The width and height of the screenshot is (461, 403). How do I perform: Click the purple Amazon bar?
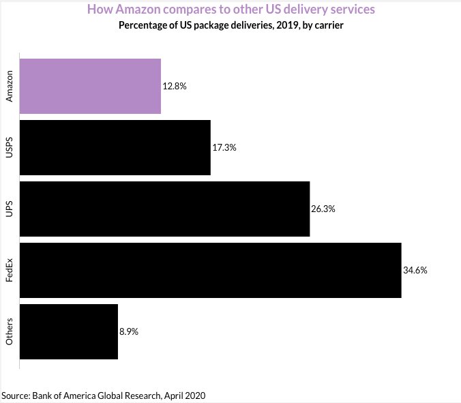pyautogui.click(x=90, y=86)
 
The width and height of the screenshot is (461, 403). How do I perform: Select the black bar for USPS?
pyautogui.click(x=115, y=147)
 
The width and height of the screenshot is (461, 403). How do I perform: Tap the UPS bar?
pyautogui.click(x=164, y=209)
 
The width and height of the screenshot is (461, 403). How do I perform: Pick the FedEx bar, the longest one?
pyautogui.click(x=210, y=270)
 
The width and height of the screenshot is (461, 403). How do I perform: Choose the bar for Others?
pyautogui.click(x=68, y=331)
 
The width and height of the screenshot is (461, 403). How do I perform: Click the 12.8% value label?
pyautogui.click(x=175, y=87)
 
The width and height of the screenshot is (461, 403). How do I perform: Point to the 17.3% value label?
pyautogui.click(x=224, y=148)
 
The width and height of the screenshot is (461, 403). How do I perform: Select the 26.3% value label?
pyautogui.click(x=323, y=209)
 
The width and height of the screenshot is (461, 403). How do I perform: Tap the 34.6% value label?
pyautogui.click(x=415, y=271)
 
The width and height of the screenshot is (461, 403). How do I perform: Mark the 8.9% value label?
pyautogui.click(x=130, y=332)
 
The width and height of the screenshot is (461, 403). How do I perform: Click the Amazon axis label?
pyautogui.click(x=10, y=86)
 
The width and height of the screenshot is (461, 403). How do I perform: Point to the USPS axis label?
pyautogui.click(x=10, y=147)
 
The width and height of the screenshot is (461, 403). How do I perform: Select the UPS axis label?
pyautogui.click(x=10, y=209)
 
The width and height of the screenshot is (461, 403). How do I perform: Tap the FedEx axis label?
pyautogui.click(x=10, y=270)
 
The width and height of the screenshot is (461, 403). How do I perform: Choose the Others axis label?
pyautogui.click(x=10, y=331)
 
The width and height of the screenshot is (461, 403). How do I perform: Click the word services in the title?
pyautogui.click(x=348, y=10)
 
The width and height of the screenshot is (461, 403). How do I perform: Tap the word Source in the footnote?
pyautogui.click(x=15, y=395)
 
